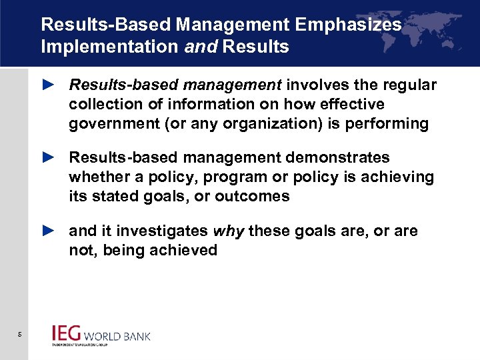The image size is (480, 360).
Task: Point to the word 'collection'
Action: [104, 105]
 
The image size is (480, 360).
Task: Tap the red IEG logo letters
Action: [67, 333]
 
